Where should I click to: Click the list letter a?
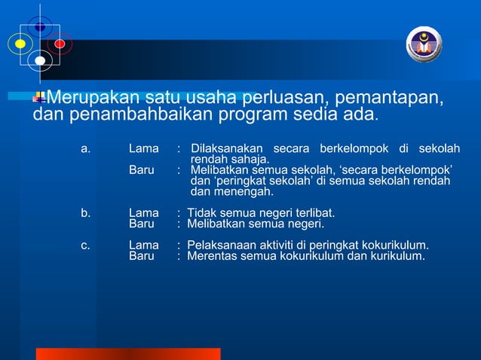(x=85, y=148)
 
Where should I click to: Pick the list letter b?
(x=85, y=213)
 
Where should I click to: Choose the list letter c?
(x=85, y=246)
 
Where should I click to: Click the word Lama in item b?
(x=143, y=213)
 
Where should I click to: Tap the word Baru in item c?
(x=141, y=256)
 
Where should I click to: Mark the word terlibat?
(x=311, y=213)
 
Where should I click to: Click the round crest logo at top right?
(x=424, y=44)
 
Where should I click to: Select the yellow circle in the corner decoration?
(x=20, y=44)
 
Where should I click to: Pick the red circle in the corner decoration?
(x=60, y=44)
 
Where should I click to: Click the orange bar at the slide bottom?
(x=128, y=354)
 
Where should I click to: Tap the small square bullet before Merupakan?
(x=40, y=96)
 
